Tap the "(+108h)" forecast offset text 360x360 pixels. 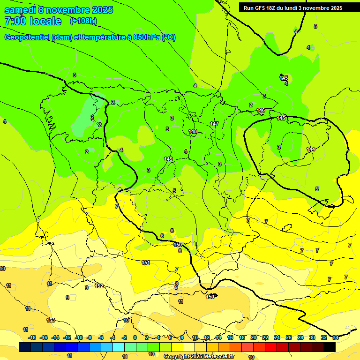coord(83,21)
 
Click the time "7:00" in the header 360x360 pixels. coord(15,21)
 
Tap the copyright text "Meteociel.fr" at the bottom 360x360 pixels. coord(217,356)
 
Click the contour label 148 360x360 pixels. coord(193,132)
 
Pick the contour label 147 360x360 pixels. coord(214,124)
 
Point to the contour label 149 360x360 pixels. coord(168,159)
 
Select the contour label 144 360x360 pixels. coord(311,149)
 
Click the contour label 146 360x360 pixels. coord(261,111)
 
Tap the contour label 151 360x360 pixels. coord(146,263)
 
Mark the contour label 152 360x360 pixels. coord(99,286)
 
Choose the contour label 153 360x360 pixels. coord(51,320)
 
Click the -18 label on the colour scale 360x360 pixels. coord(32,337)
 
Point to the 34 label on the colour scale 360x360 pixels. coord(336,337)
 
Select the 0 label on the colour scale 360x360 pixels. coord(135,337)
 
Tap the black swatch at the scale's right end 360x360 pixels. coord(329,347)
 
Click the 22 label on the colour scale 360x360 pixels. coord(265,337)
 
